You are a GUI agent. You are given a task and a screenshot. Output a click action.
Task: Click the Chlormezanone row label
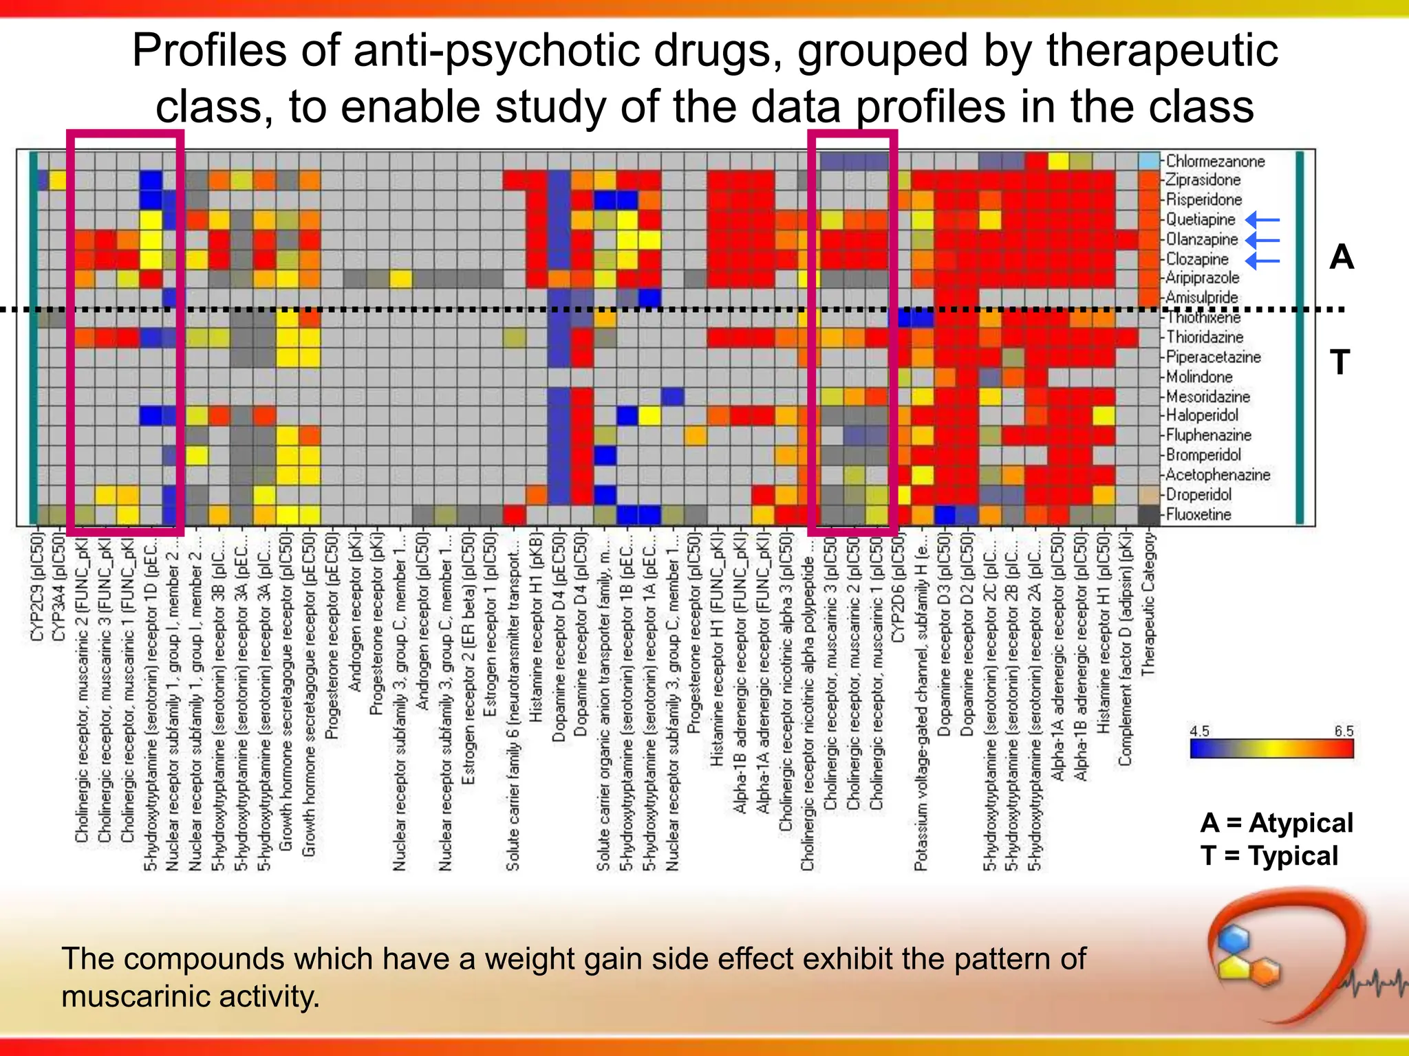click(x=1215, y=161)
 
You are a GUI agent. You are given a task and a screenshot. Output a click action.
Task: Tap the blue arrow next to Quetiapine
click(x=1262, y=220)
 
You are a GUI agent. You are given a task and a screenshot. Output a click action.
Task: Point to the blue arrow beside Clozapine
click(x=1262, y=261)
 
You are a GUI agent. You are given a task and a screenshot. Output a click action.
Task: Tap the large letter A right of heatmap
click(x=1341, y=258)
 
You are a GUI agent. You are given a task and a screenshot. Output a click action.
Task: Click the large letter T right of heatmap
click(x=1340, y=362)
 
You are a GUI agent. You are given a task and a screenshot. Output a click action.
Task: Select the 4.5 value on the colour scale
click(x=1200, y=731)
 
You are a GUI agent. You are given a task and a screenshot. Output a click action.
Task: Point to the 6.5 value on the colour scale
click(x=1344, y=731)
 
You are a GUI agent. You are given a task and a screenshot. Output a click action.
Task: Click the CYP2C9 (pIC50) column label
click(x=36, y=586)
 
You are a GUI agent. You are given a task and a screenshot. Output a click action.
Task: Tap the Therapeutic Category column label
click(x=1148, y=604)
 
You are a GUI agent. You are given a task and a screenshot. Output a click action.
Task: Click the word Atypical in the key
click(x=1300, y=823)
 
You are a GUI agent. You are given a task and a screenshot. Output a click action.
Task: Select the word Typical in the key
click(x=1293, y=856)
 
